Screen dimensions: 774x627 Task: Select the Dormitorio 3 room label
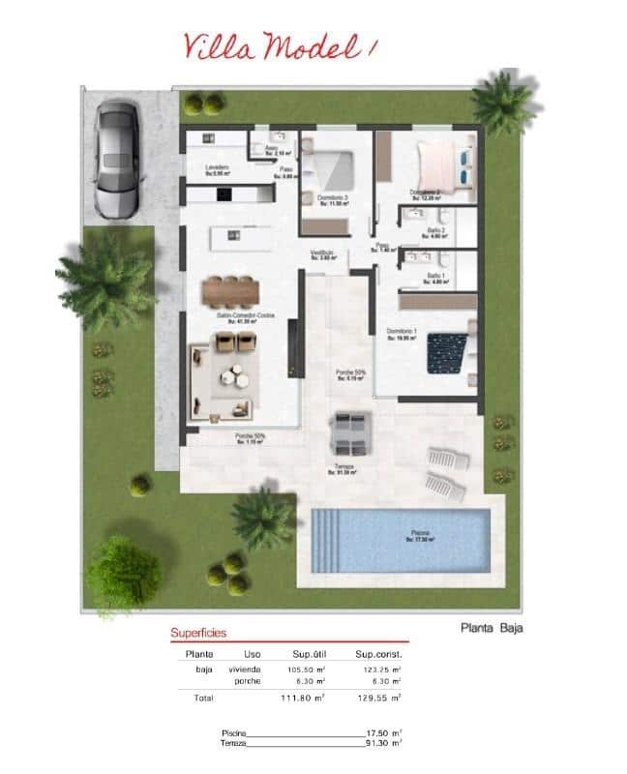pyautogui.click(x=332, y=197)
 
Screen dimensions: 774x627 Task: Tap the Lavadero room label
pyautogui.click(x=217, y=168)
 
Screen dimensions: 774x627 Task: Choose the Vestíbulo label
pyautogui.click(x=322, y=254)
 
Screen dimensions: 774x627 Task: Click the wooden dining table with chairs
pyautogui.click(x=231, y=289)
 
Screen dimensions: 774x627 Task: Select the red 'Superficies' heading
pyautogui.click(x=198, y=633)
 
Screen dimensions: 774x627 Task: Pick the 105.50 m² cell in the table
pyautogui.click(x=306, y=669)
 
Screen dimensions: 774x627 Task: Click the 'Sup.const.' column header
pyautogui.click(x=377, y=653)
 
